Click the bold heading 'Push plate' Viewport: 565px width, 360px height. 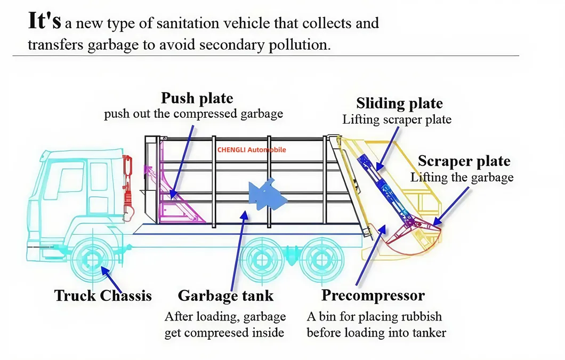197,99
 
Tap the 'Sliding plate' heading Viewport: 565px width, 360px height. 399,103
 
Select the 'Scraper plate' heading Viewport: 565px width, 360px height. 464,161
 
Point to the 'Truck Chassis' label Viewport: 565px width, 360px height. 103,295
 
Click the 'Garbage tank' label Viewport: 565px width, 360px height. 225,295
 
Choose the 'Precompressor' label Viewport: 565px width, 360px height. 373,295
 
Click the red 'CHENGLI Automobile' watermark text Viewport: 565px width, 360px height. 252,150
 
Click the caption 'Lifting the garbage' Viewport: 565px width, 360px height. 462,177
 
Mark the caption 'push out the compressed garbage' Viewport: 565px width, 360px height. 193,114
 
